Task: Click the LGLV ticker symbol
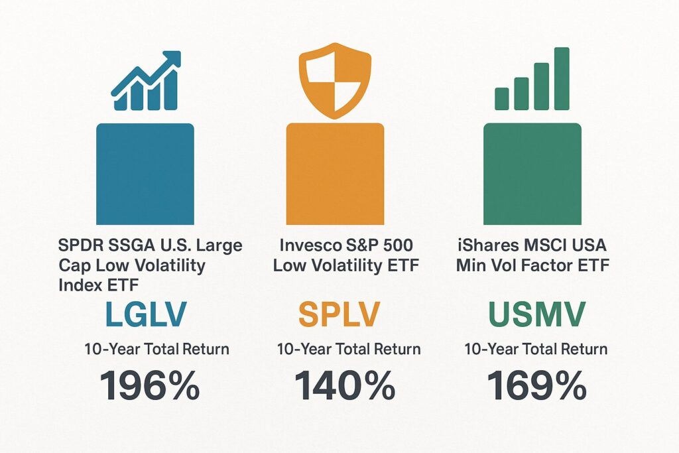coord(146,314)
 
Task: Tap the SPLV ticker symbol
coord(339,314)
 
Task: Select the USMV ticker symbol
coord(537,314)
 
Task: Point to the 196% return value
coord(150,385)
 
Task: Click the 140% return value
coord(345,385)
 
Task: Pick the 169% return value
coord(537,385)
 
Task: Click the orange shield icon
coord(335,80)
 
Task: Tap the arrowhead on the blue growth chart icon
coord(172,60)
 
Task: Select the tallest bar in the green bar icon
coord(562,78)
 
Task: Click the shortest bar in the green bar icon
coord(502,99)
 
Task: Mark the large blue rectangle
coord(145,174)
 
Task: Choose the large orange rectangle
coord(335,174)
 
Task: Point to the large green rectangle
coord(532,174)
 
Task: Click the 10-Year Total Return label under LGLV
coord(156,349)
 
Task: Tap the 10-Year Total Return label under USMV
coord(536,349)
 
